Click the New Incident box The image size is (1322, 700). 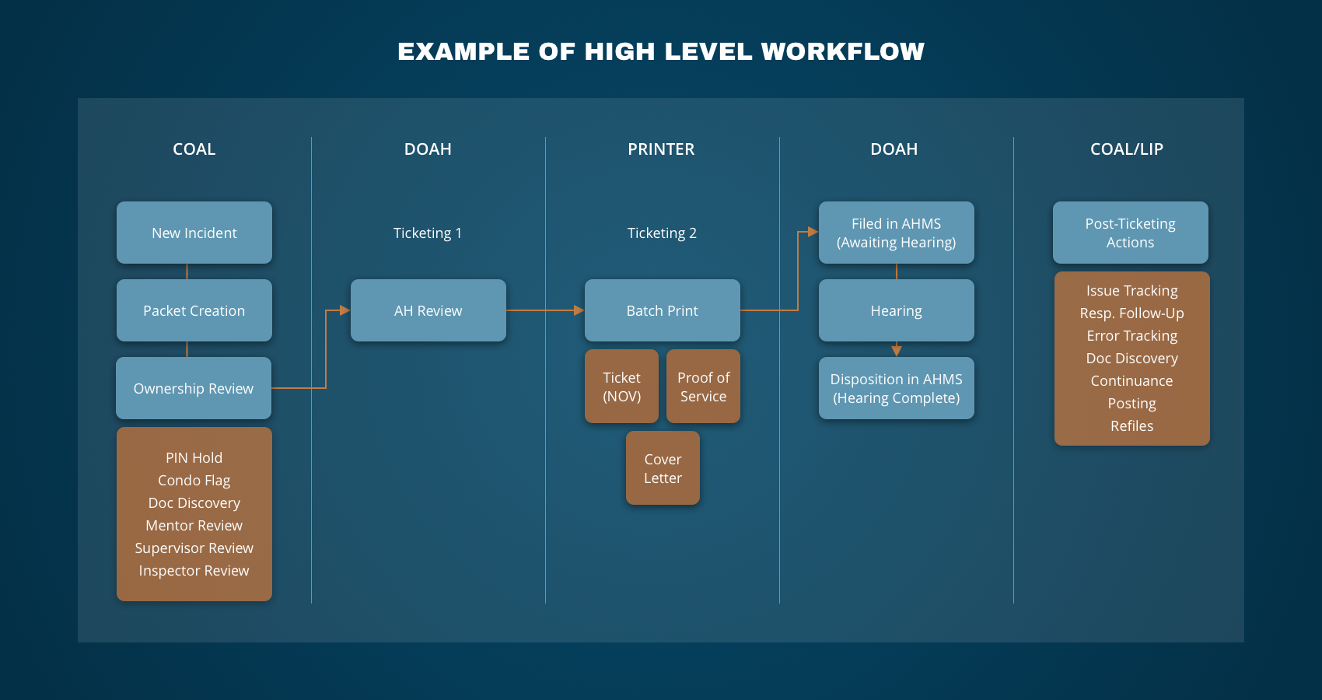[x=194, y=233]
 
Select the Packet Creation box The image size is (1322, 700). [x=194, y=310]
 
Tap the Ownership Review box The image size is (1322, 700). [x=194, y=388]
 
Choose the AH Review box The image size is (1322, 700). [x=428, y=310]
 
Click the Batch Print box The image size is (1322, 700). [x=663, y=310]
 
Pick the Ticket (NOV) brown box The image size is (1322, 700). [x=622, y=387]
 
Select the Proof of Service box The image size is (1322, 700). [x=703, y=387]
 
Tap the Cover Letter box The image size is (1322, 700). [x=663, y=468]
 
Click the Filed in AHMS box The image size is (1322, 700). [x=897, y=233]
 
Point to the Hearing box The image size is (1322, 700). [x=897, y=310]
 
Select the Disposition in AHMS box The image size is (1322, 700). [x=897, y=388]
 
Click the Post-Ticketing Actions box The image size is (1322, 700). [x=1131, y=233]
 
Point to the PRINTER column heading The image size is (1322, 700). [x=661, y=149]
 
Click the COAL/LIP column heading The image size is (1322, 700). [x=1127, y=149]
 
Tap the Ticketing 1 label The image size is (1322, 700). [x=428, y=233]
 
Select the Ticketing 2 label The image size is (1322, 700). [x=662, y=233]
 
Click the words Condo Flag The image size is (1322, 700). [x=194, y=481]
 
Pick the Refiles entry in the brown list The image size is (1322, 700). [x=1132, y=426]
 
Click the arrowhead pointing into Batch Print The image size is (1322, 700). [x=579, y=310]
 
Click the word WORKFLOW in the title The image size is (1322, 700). [x=843, y=51]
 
